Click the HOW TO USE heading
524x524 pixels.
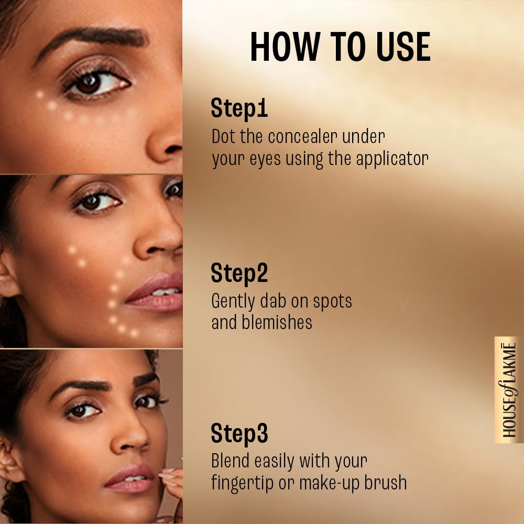(340, 47)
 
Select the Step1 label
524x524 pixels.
(239, 108)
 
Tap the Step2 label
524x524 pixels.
(239, 274)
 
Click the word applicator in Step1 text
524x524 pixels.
(392, 159)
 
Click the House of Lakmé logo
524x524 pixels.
(508, 390)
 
